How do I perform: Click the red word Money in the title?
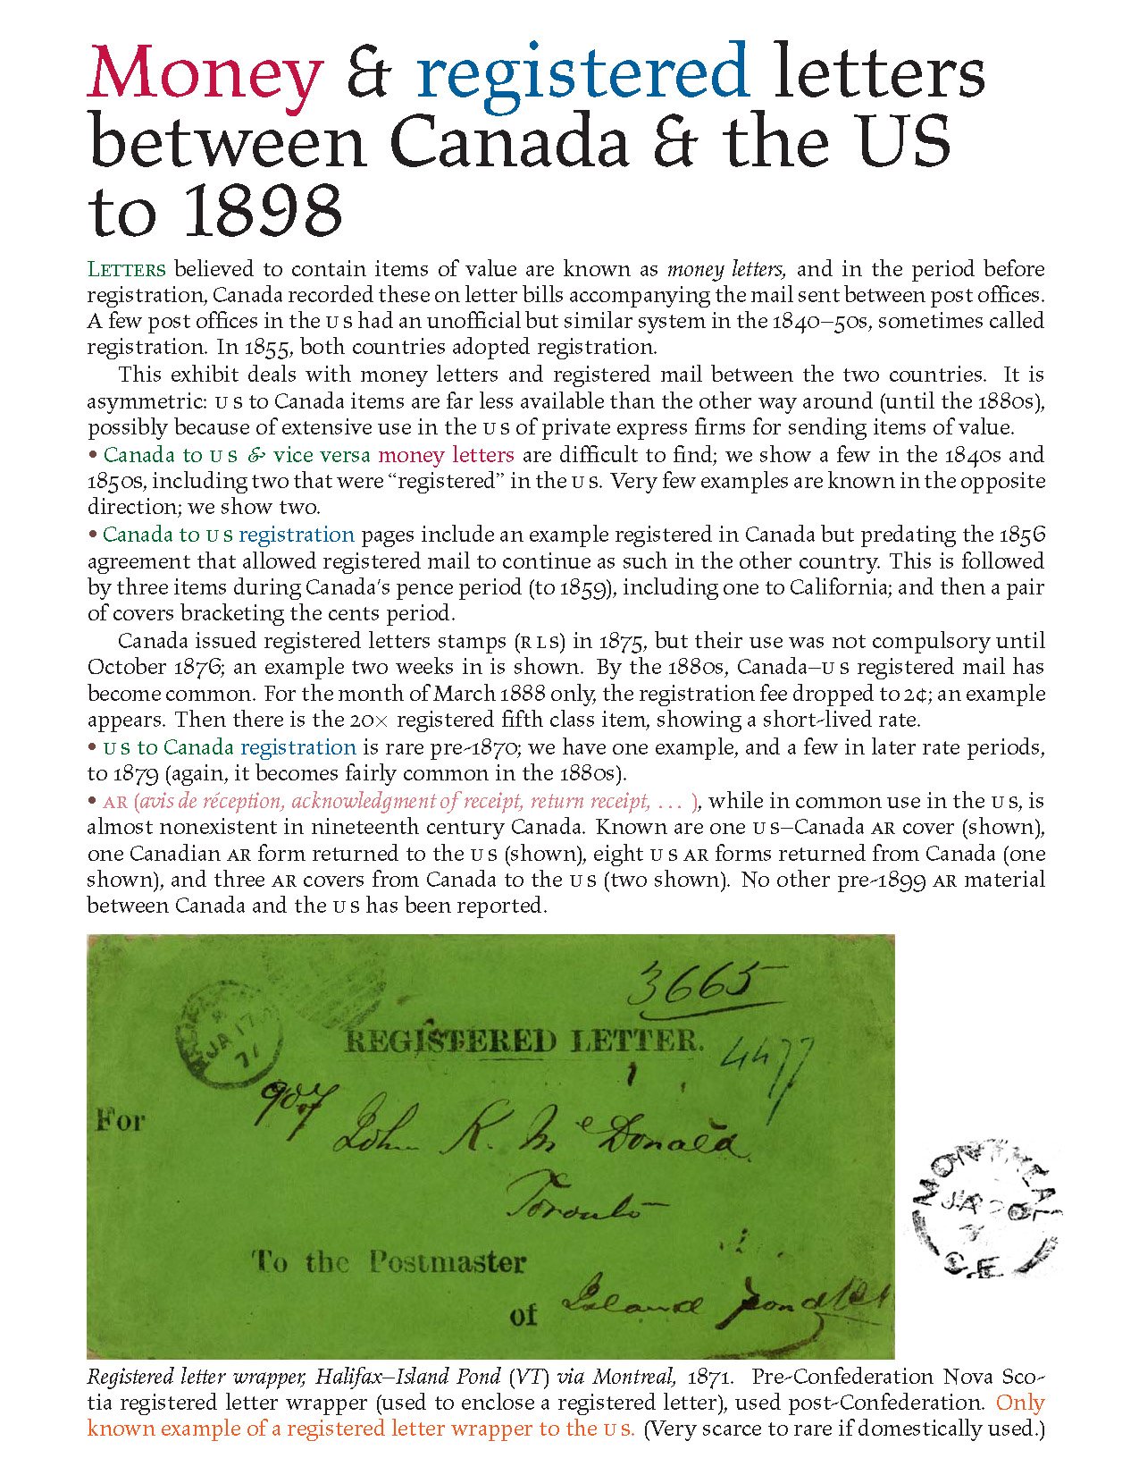205,73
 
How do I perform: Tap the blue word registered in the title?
582,73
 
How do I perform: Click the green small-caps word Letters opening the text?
126,270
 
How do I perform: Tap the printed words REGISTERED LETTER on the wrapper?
524,1041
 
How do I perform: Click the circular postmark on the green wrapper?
230,1037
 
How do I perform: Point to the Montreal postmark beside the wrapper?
984,1209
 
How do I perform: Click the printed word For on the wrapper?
120,1120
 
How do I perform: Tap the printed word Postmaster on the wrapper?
447,1262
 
